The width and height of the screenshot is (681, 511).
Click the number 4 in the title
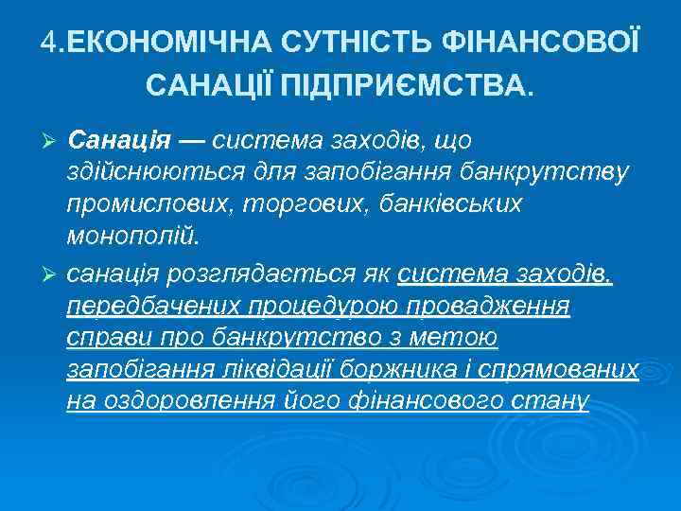(x=48, y=42)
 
